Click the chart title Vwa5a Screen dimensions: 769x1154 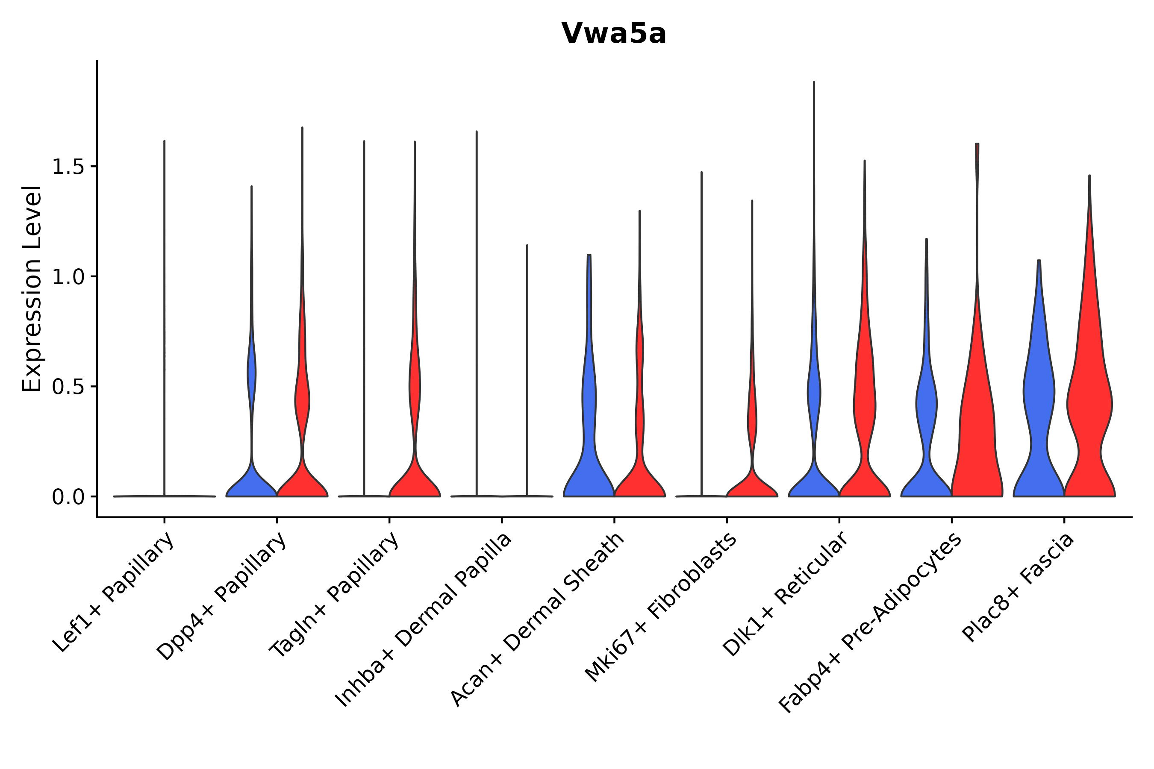point(613,34)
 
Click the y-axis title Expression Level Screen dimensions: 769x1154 point(32,289)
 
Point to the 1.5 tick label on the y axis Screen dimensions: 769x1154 point(68,167)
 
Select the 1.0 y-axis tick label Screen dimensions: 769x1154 point(68,277)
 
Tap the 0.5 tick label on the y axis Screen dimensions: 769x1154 point(68,387)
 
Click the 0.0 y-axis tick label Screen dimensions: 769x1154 point(68,497)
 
